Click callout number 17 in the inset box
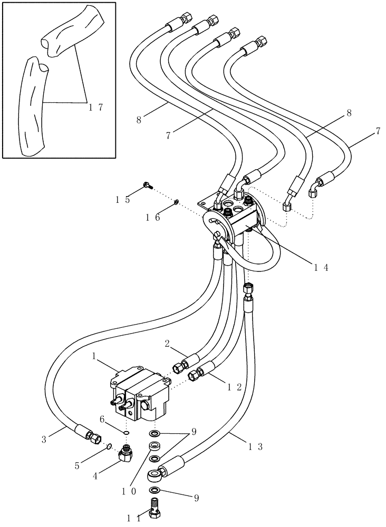(95, 108)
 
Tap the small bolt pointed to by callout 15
(147, 185)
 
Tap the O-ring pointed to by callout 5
(108, 448)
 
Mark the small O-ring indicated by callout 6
(127, 433)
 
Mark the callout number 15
(122, 199)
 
